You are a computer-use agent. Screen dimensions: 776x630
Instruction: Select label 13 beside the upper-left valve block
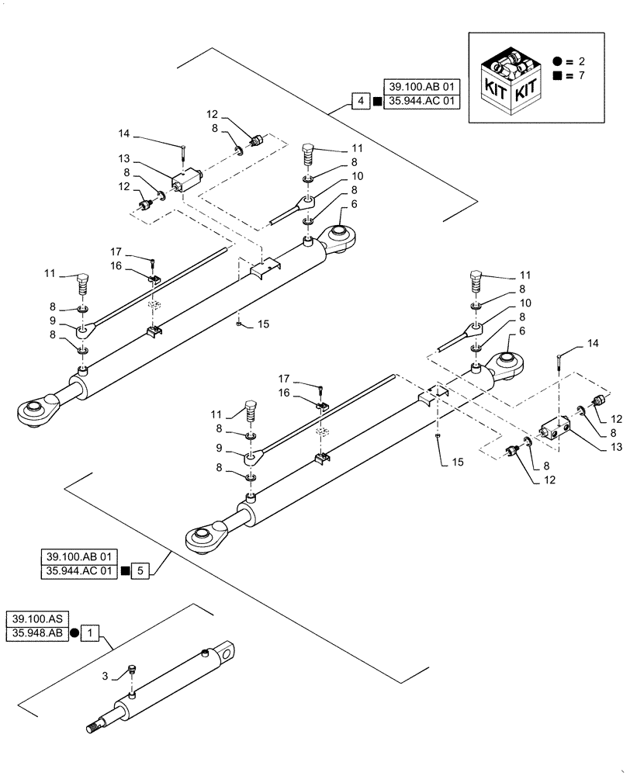click(x=144, y=158)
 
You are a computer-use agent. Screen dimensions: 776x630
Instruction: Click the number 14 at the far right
click(x=593, y=342)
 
